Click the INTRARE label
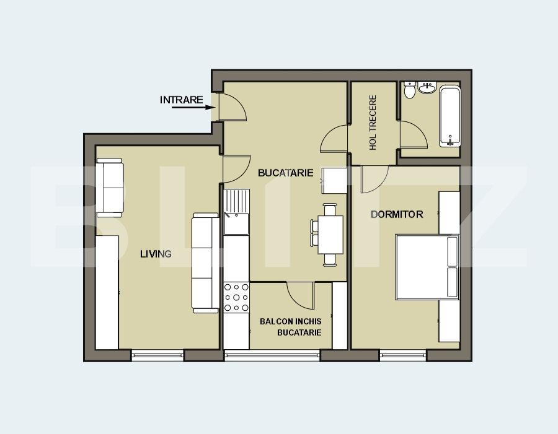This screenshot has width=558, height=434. tap(181, 100)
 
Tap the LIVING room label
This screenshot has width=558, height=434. tap(156, 254)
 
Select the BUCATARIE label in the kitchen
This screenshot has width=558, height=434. tap(285, 173)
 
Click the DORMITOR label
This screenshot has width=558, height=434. tap(397, 214)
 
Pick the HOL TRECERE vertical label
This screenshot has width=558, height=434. tap(373, 123)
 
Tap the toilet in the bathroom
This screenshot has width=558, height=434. tap(409, 91)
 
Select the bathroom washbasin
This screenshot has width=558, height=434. tap(428, 89)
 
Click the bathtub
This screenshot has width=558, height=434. tap(450, 116)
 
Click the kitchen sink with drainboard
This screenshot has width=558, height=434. tap(236, 212)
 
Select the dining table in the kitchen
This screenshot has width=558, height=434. tap(330, 235)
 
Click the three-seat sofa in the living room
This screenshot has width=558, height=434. tap(205, 263)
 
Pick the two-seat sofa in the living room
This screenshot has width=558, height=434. tap(109, 186)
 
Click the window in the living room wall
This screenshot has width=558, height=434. tap(157, 355)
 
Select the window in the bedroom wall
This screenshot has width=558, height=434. tap(402, 355)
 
